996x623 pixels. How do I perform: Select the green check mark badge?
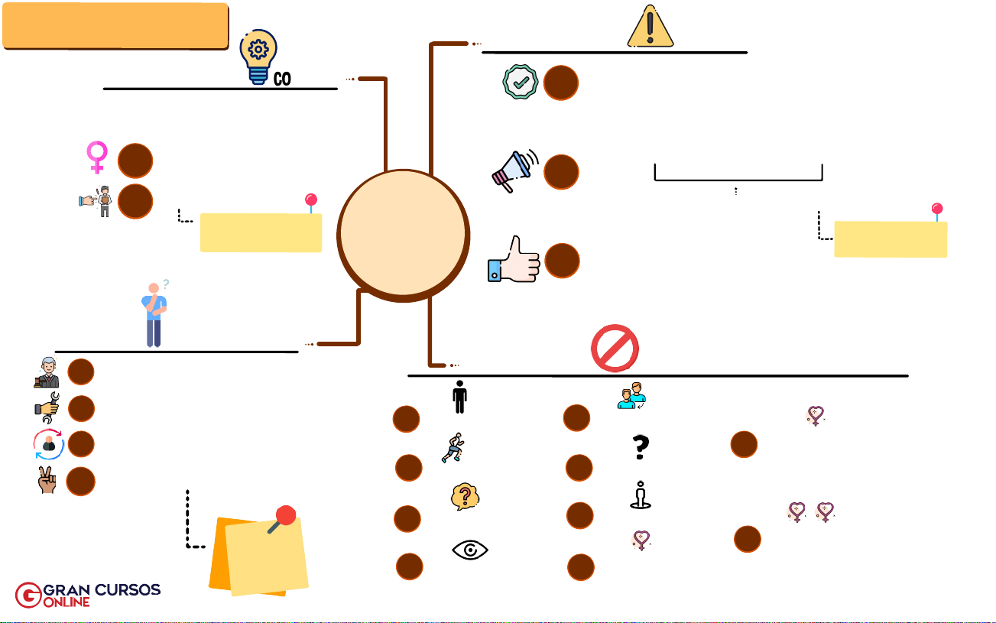coord(520,82)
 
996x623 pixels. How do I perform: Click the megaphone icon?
coord(514,170)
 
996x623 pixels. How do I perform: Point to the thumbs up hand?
coord(514,261)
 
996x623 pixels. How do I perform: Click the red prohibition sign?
coord(615,348)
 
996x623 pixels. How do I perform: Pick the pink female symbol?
coord(97,157)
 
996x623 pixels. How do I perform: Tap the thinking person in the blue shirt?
coord(154,313)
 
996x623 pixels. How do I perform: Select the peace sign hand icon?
coord(47,481)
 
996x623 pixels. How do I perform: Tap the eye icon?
coord(470,550)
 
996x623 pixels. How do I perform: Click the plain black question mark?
coord(641,447)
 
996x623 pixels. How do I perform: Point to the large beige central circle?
coord(403,235)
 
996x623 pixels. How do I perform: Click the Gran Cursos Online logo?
coord(88,595)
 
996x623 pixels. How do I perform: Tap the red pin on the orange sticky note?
coord(284,518)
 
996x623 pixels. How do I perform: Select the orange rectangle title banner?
coord(115,26)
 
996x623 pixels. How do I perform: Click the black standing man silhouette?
coord(459,397)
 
